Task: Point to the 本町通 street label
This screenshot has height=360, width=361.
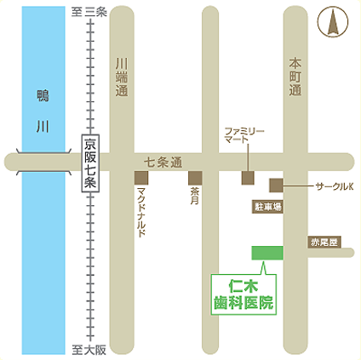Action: pyautogui.click(x=295, y=77)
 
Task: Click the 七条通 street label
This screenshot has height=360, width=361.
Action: pyautogui.click(x=162, y=160)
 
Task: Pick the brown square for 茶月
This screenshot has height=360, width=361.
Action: pyautogui.click(x=195, y=178)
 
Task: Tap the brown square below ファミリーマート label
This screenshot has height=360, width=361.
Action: pyautogui.click(x=247, y=178)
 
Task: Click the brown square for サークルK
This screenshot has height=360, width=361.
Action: pyautogui.click(x=276, y=185)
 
